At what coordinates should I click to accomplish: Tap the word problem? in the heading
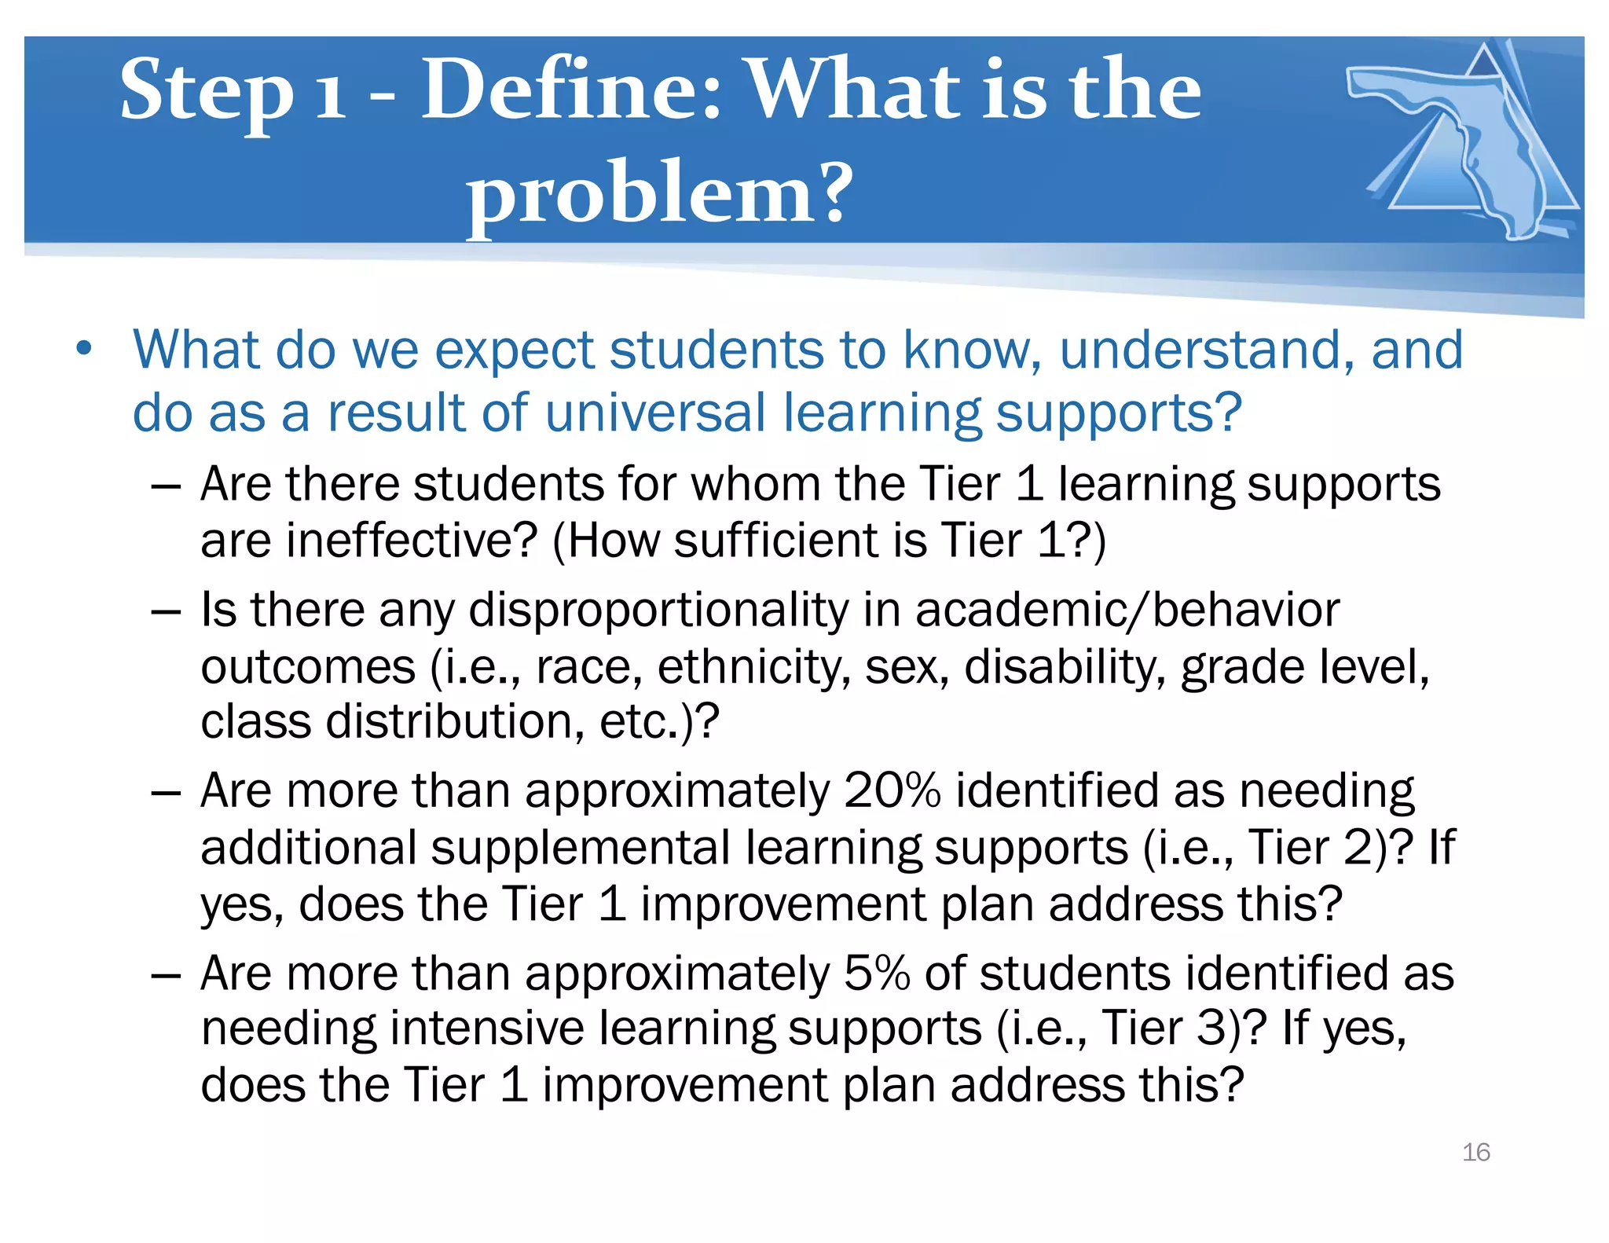click(658, 192)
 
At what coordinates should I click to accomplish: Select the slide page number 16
click(1475, 1152)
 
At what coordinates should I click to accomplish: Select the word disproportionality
click(658, 610)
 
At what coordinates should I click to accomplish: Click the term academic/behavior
click(1127, 610)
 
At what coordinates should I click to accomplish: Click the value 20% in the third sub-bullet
click(892, 790)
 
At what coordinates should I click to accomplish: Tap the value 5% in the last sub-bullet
click(876, 973)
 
